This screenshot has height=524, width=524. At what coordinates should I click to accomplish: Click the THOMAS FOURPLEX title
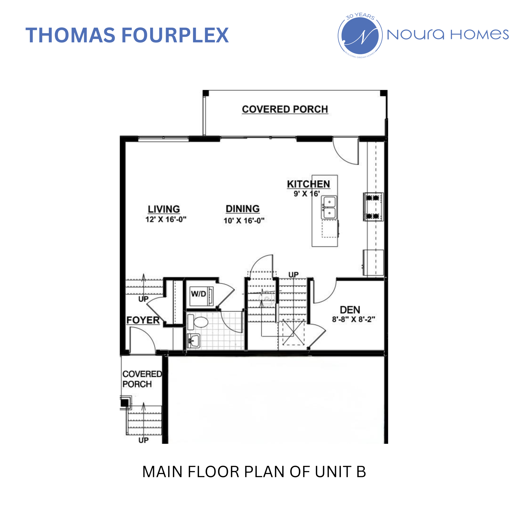click(x=127, y=35)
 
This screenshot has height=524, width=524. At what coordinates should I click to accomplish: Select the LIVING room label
click(x=164, y=209)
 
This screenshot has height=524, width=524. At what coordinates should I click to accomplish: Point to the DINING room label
click(x=243, y=209)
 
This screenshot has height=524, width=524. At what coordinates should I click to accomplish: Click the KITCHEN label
click(x=308, y=184)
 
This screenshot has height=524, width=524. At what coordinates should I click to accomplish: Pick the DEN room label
click(x=350, y=310)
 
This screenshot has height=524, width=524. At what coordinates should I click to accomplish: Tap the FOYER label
click(x=143, y=320)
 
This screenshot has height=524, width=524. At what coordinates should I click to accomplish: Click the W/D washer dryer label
click(x=198, y=294)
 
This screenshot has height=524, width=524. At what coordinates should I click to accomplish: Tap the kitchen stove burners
click(x=373, y=207)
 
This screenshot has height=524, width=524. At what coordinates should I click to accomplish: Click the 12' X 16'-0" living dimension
click(x=166, y=219)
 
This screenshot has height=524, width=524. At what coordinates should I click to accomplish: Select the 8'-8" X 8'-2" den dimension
click(x=353, y=319)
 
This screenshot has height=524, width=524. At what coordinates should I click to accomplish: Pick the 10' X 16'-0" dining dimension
click(x=244, y=220)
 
